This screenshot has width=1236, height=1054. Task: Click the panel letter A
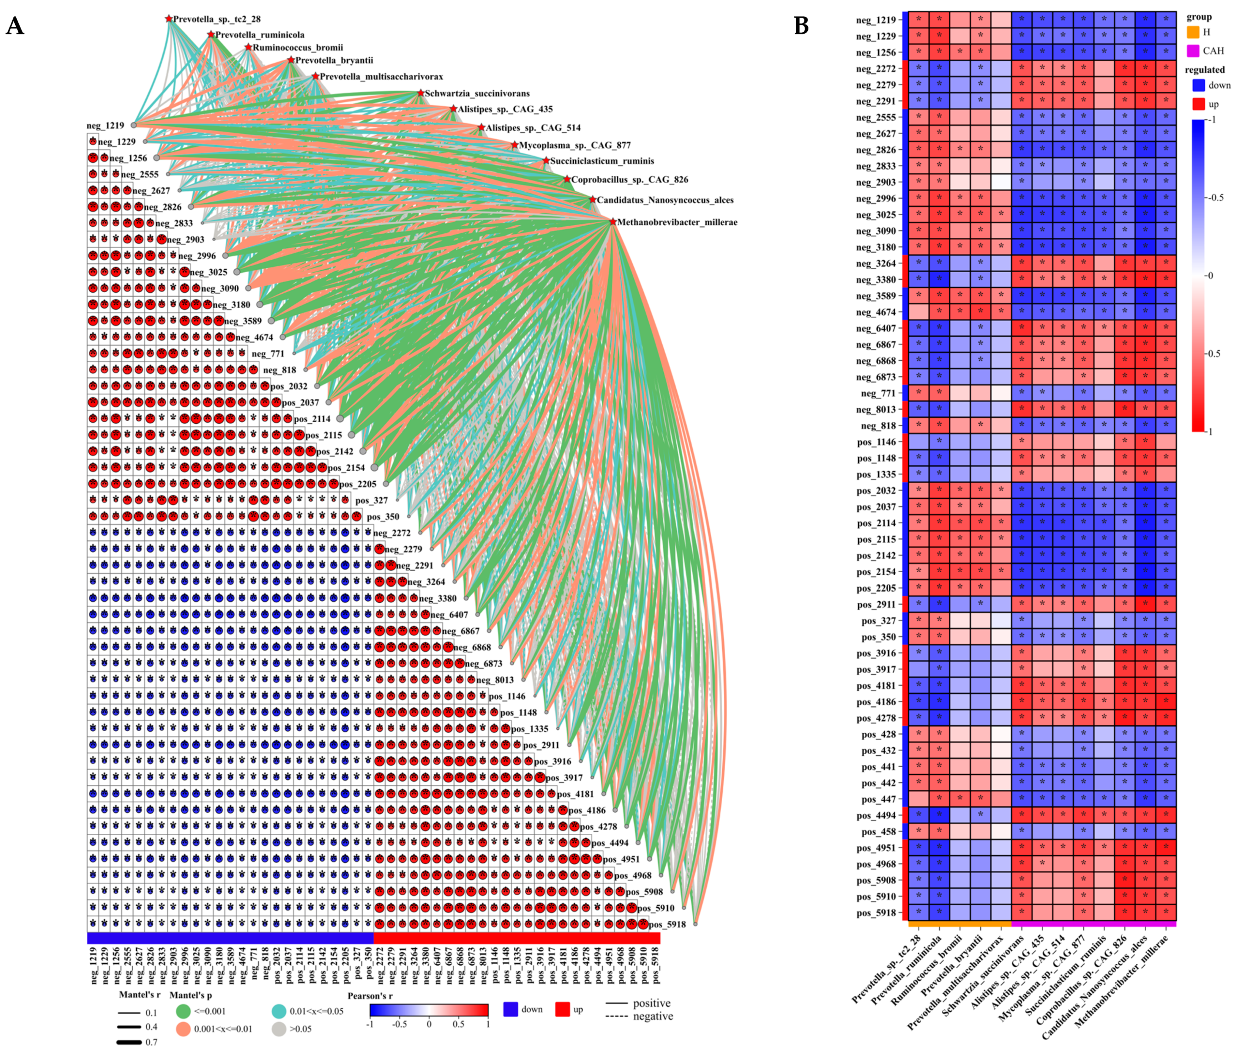(x=15, y=26)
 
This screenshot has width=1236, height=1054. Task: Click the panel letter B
(x=801, y=26)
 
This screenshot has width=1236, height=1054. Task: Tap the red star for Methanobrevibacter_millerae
(x=612, y=222)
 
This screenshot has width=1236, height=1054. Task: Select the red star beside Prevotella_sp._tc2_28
(x=169, y=19)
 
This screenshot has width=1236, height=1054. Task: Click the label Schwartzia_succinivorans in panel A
(x=477, y=94)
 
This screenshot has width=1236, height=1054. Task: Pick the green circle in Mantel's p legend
(x=183, y=1011)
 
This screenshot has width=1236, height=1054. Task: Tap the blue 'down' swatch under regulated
(x=1199, y=85)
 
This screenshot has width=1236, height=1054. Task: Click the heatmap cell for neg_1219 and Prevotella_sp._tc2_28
(x=918, y=19)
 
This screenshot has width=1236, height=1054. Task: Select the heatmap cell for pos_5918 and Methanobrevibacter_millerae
(x=1166, y=912)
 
